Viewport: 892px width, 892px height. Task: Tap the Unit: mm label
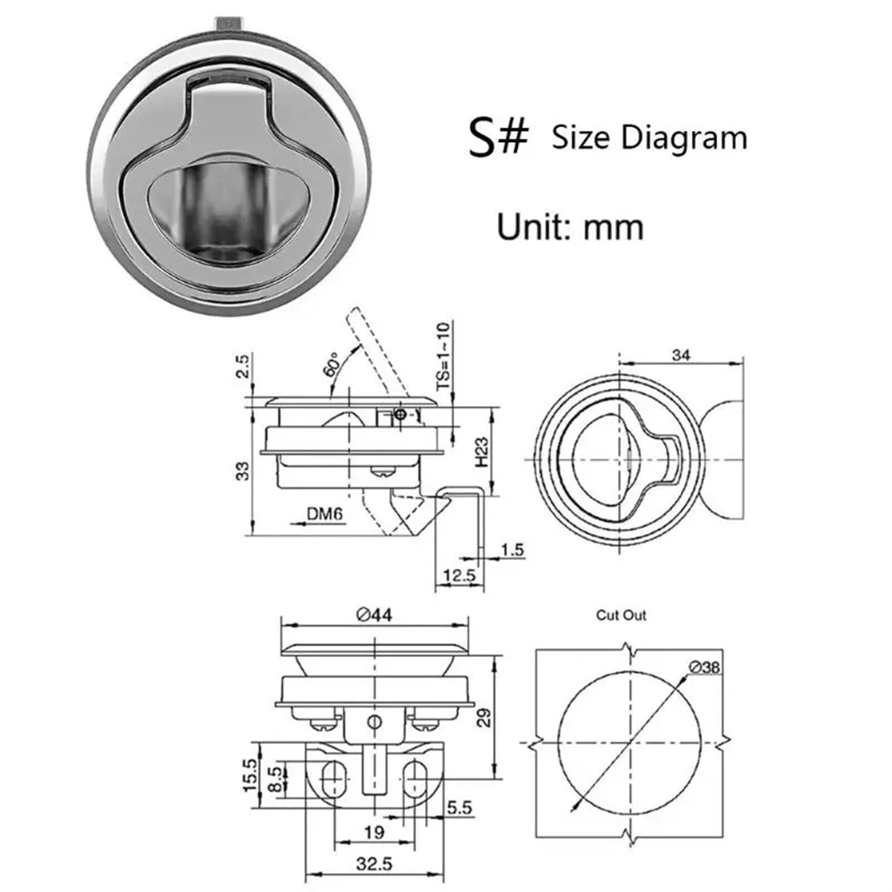(x=570, y=227)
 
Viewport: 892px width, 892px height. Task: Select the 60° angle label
(x=331, y=366)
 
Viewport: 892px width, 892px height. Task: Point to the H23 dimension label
(x=482, y=452)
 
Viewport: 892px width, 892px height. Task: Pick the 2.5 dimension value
(x=244, y=365)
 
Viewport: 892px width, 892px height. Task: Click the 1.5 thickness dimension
(x=512, y=550)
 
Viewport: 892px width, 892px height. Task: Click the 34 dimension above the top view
(x=681, y=355)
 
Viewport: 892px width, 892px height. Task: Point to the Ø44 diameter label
(x=374, y=614)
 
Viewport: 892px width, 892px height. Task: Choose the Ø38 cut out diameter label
(x=704, y=667)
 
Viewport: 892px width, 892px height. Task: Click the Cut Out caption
(x=621, y=615)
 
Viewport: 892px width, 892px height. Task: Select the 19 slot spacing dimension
(x=374, y=833)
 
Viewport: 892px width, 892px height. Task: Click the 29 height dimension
(x=485, y=717)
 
